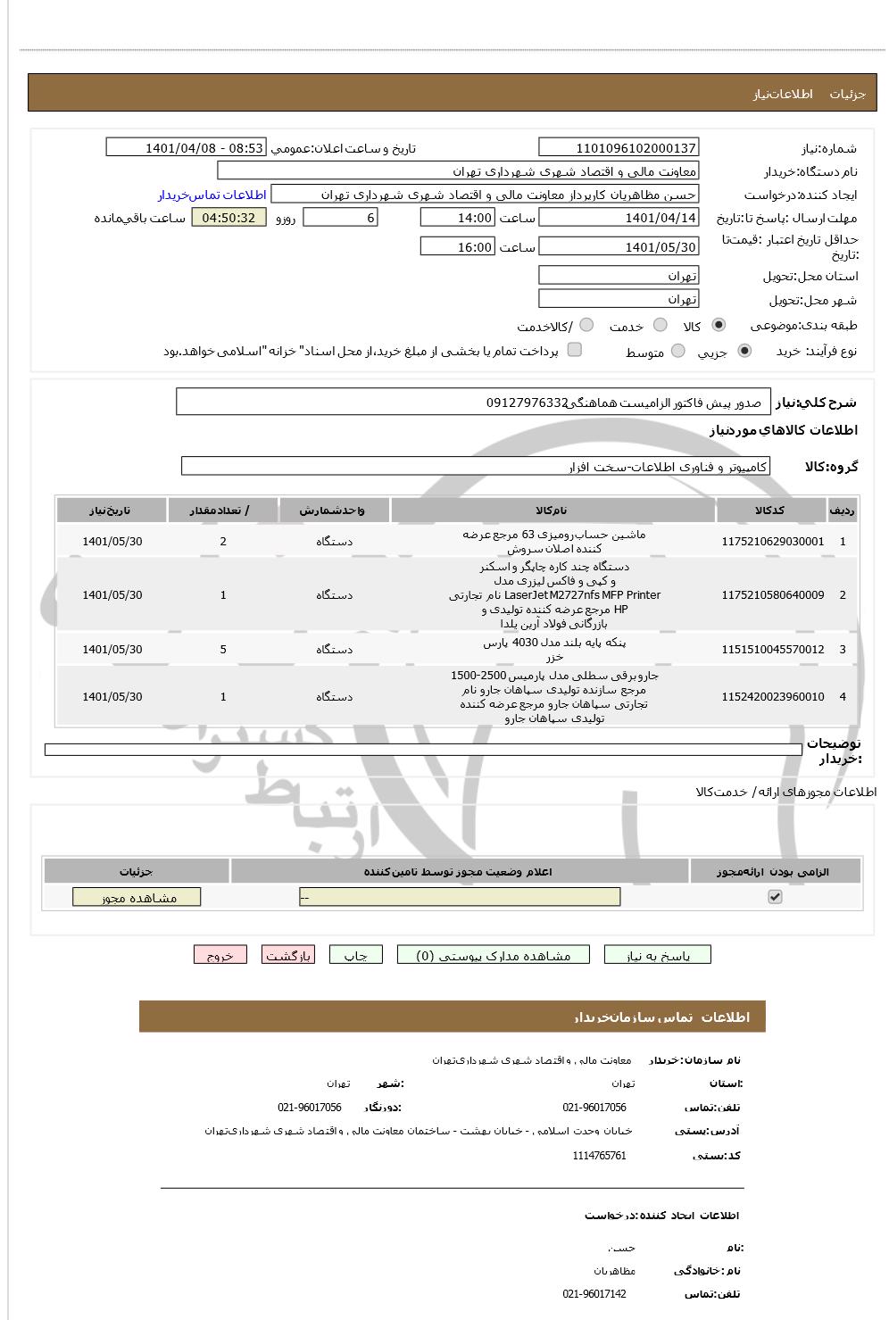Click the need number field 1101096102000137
(619, 148)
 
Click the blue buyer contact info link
(212, 195)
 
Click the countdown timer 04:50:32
(228, 218)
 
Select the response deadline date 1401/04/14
(619, 218)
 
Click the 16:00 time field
(456, 247)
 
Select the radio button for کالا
(719, 325)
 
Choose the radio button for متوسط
(678, 352)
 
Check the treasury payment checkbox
(575, 350)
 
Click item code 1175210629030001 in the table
(772, 542)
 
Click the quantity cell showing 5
(223, 650)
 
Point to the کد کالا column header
(769, 511)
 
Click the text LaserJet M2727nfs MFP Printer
(582, 595)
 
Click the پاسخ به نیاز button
(658, 955)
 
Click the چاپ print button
(355, 955)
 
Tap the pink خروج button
(220, 955)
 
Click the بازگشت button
(287, 955)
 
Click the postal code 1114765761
(599, 1156)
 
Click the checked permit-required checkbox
(775, 897)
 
